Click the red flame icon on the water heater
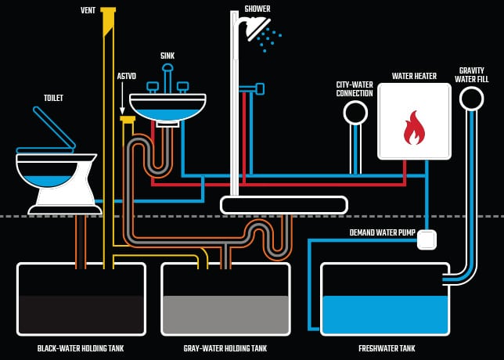[414, 128]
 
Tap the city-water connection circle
[355, 113]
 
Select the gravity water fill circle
[471, 98]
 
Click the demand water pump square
[427, 239]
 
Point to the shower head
[256, 29]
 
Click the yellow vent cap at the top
[108, 10]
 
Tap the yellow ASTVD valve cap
[127, 119]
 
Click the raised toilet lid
[53, 127]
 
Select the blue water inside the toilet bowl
[48, 178]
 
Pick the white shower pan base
[283, 205]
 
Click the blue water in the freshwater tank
[384, 313]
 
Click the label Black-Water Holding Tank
[81, 348]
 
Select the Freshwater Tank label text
[387, 348]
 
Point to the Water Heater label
[414, 76]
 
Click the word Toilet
[53, 98]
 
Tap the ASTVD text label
[125, 76]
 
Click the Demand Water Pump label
[381, 232]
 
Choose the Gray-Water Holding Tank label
[225, 348]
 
